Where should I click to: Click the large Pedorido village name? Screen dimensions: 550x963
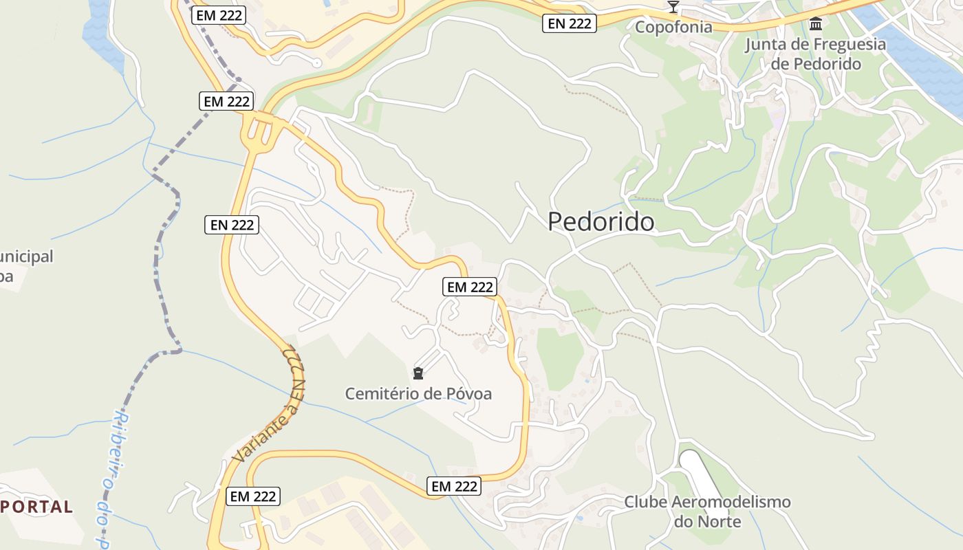(x=600, y=222)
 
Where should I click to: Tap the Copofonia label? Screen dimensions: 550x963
(x=673, y=27)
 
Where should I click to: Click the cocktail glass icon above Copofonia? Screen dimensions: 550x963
(x=673, y=8)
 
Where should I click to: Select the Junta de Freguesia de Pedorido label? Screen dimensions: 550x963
(x=816, y=54)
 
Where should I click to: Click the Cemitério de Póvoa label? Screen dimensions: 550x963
(x=418, y=394)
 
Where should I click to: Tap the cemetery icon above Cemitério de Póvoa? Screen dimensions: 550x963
(x=418, y=374)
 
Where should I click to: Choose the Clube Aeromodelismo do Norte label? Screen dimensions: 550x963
(x=707, y=511)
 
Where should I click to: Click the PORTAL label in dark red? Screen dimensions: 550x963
(x=37, y=507)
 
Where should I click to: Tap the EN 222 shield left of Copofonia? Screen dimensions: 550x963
(x=570, y=23)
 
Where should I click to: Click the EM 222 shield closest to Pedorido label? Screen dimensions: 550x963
(x=470, y=287)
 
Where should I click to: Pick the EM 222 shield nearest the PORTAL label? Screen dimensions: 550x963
(x=252, y=496)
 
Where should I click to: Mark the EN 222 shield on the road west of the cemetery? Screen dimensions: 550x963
(x=232, y=225)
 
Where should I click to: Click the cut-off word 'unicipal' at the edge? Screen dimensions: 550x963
(x=26, y=257)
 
